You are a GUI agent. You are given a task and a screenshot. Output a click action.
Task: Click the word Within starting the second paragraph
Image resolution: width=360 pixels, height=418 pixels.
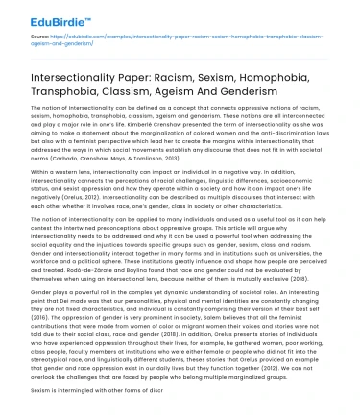(30, 171)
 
